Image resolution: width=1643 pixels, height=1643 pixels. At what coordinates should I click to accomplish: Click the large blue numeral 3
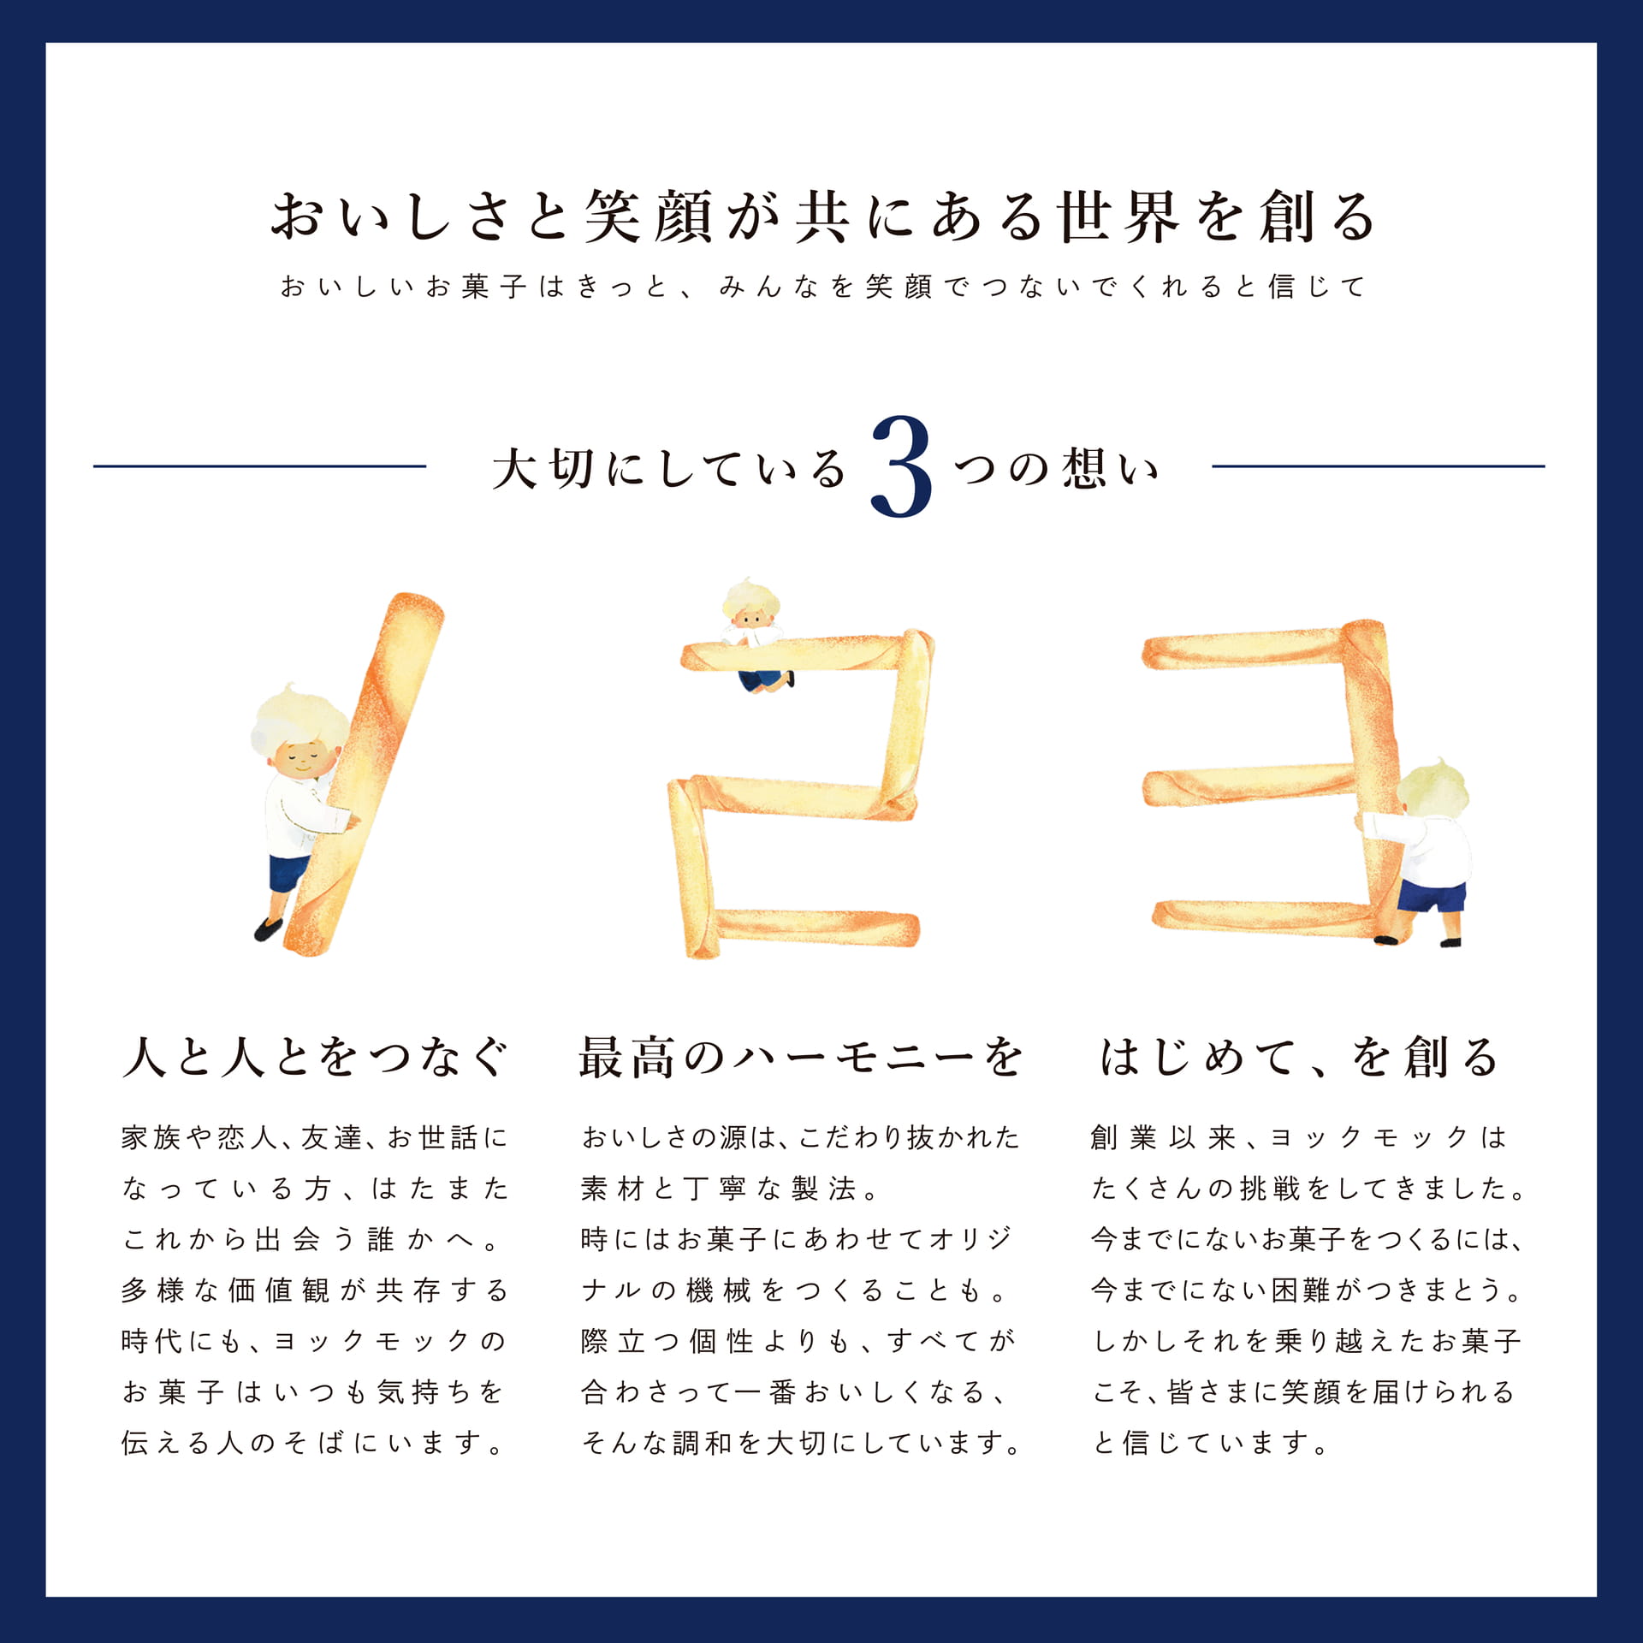tap(901, 467)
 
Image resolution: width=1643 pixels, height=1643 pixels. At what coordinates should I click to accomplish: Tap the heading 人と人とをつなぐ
tap(315, 1058)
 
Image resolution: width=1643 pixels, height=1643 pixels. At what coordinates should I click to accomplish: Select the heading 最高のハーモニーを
tap(800, 1058)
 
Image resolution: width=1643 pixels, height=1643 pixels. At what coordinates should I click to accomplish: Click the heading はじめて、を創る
tap(1298, 1058)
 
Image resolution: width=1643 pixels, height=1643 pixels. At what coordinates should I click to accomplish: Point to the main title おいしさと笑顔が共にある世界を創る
tap(821, 216)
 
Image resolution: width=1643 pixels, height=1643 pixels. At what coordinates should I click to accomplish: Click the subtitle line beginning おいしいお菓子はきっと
tap(821, 286)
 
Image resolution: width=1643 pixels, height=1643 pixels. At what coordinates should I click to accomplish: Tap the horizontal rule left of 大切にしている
tap(259, 466)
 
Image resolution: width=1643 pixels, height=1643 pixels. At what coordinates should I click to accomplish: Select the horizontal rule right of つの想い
tap(1378, 466)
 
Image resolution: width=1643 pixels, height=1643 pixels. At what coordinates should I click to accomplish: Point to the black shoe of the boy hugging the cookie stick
tap(268, 929)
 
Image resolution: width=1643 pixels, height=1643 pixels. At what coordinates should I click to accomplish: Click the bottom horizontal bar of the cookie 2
tap(813, 928)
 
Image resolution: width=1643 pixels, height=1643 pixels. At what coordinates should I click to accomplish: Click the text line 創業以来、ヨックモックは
tap(1298, 1138)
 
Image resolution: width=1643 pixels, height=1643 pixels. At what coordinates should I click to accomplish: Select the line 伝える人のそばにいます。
tap(312, 1444)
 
